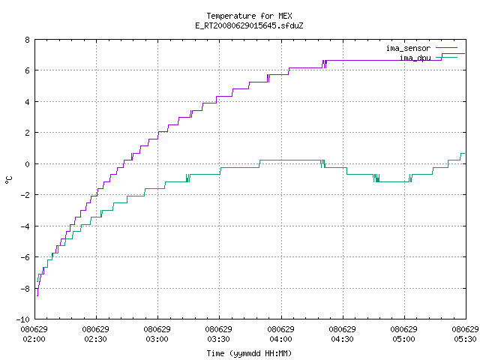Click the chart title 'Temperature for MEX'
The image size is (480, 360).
coord(249,16)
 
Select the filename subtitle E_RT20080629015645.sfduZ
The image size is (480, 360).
coord(249,25)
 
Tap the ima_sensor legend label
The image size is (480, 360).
coord(408,48)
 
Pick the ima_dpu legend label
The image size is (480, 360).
coord(415,58)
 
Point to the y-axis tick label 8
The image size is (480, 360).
coord(28,40)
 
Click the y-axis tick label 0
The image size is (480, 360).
coord(28,164)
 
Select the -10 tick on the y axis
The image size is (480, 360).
coord(23,319)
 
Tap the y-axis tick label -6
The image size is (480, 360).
coord(25,257)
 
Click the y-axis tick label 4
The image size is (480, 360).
coord(28,102)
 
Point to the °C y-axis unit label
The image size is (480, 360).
coord(8,180)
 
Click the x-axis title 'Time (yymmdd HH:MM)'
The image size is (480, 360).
coord(249,353)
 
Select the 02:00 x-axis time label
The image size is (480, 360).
coord(34,339)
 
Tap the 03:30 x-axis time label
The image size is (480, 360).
coord(218,339)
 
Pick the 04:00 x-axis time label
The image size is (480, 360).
coord(280,339)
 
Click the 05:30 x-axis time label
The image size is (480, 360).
coord(465,339)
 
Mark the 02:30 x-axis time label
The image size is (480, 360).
coord(95,339)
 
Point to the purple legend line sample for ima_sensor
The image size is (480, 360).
coord(447,48)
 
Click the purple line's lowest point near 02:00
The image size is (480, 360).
coord(37,296)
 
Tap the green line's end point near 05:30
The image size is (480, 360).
coord(465,153)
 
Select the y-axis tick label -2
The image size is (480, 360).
coord(25,195)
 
